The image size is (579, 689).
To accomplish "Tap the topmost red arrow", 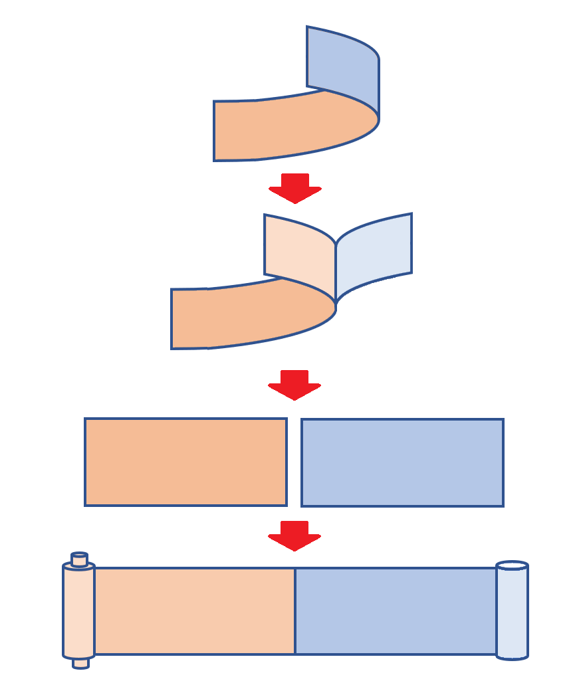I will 295,187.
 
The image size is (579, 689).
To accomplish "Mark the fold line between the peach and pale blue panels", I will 336,272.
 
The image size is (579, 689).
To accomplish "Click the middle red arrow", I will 294,384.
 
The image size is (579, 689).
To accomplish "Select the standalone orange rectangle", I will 185,462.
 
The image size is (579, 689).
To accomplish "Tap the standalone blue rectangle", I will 402,462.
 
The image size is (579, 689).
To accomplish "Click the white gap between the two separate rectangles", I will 294,462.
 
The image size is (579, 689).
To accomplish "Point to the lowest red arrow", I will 294,535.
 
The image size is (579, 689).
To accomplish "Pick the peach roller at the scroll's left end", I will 79,611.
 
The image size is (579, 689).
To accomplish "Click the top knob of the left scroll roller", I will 80,559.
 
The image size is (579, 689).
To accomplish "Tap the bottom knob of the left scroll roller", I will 80,663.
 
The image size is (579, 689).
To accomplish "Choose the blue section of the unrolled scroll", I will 396,611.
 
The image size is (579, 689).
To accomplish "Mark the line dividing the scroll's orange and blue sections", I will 295,611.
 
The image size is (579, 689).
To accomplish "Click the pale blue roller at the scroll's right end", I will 512,615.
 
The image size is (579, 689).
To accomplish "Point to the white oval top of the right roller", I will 512,565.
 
